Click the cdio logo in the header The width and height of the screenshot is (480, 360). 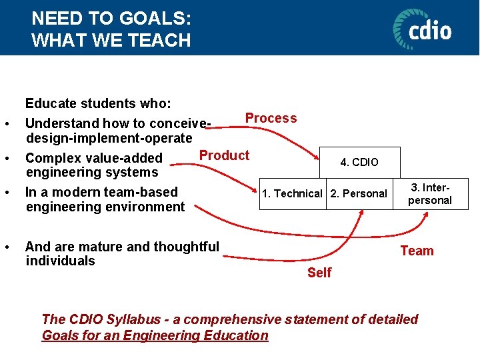(x=422, y=29)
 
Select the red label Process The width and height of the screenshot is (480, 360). (x=271, y=118)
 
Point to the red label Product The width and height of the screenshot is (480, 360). (x=224, y=155)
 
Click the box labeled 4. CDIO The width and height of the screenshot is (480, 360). (x=359, y=162)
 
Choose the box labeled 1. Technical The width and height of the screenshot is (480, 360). (x=293, y=194)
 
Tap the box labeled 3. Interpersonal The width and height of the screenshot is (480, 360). (x=430, y=194)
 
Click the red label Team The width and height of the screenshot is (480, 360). (x=417, y=251)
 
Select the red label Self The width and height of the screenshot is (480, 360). (x=319, y=273)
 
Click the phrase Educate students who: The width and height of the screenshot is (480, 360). (x=98, y=103)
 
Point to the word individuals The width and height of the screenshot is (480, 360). (x=60, y=261)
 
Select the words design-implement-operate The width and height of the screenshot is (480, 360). (x=109, y=138)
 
